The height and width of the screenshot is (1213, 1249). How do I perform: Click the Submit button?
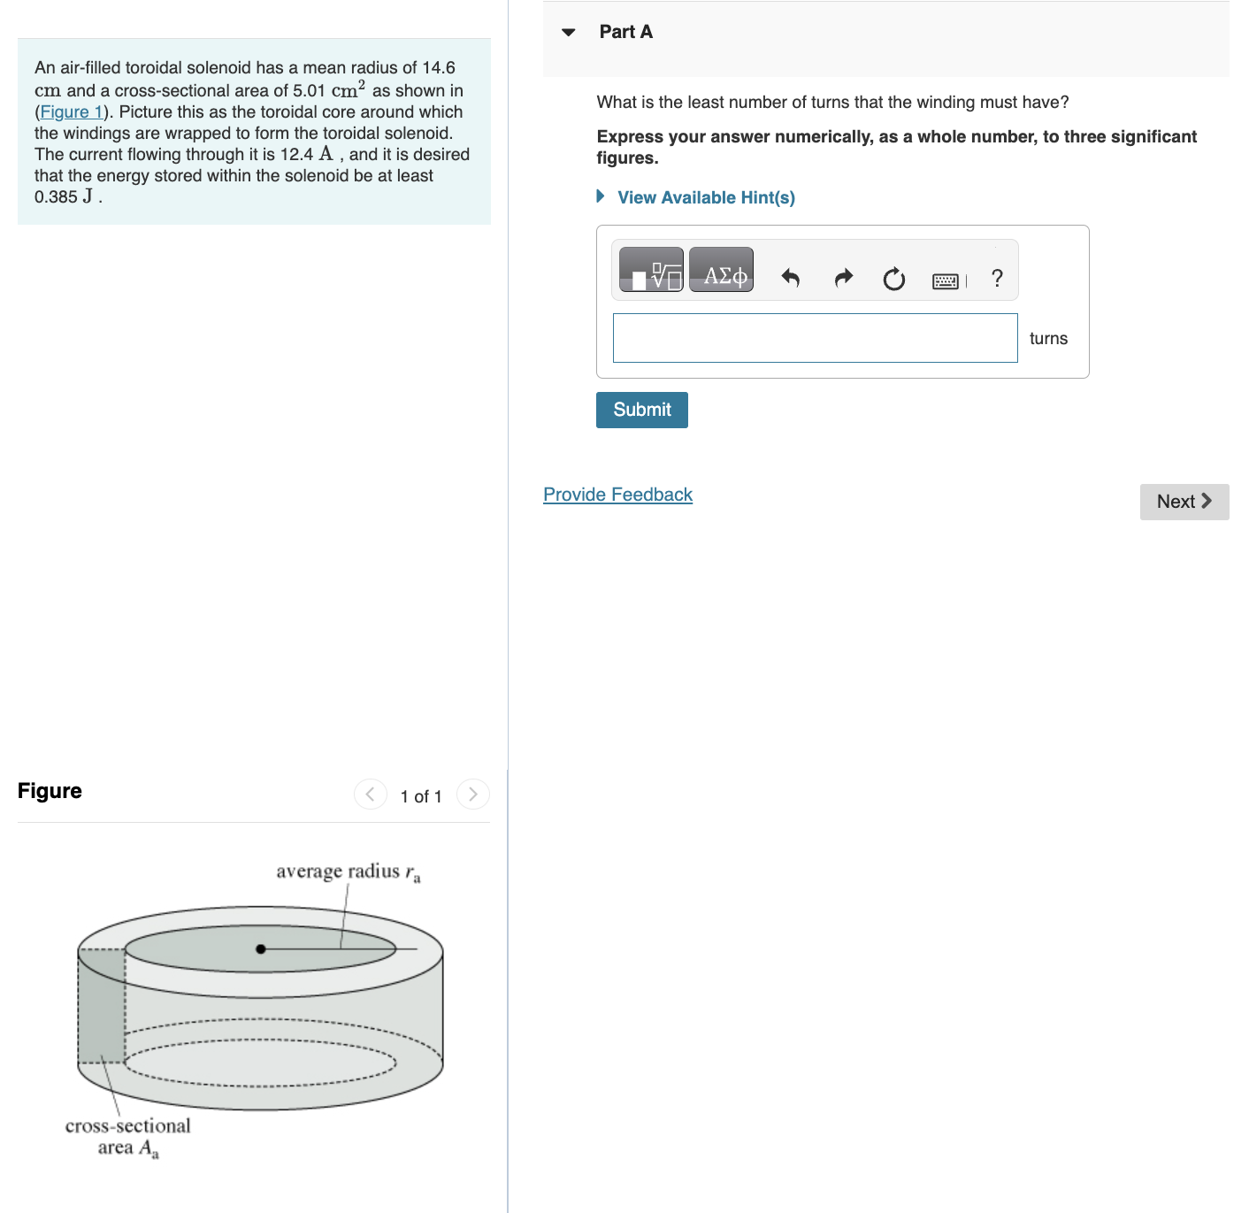point(641,410)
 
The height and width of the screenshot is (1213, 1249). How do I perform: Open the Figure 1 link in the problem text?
point(72,112)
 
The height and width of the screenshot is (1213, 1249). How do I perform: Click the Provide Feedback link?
point(617,495)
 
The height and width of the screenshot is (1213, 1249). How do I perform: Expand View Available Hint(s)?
point(705,197)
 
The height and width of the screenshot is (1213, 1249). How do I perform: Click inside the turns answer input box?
point(815,338)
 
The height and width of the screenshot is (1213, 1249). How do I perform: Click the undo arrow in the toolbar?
point(790,279)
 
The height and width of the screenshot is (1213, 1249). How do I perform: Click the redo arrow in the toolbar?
point(843,279)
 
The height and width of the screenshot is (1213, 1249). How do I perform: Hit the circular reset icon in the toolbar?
point(893,280)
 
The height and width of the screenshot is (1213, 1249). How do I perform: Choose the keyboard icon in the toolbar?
point(945,281)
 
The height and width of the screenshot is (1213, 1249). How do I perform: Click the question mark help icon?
point(997,279)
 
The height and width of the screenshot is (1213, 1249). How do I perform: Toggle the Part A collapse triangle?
point(569,33)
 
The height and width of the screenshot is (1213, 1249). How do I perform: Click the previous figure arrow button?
point(370,794)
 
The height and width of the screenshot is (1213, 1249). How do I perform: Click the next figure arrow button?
point(473,794)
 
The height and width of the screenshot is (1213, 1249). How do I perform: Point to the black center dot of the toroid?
point(260,948)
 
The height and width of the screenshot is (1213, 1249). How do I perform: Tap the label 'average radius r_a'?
point(348,872)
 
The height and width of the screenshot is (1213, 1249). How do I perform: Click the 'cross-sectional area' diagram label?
point(127,1137)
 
